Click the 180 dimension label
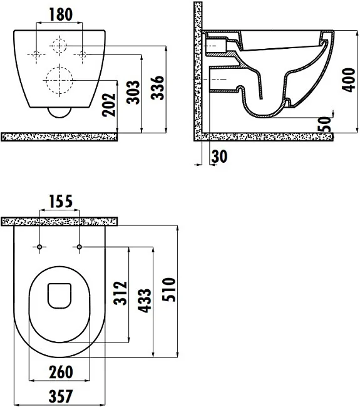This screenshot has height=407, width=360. (x=61, y=14)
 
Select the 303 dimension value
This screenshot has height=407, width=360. (x=133, y=92)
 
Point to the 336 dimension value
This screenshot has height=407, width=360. (x=158, y=88)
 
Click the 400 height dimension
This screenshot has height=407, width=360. (x=348, y=80)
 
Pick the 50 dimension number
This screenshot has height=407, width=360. (x=325, y=124)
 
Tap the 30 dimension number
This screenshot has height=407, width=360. (x=220, y=157)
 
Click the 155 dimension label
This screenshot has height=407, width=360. (x=61, y=202)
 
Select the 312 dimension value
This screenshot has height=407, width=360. (x=120, y=293)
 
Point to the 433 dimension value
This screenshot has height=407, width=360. (x=144, y=301)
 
